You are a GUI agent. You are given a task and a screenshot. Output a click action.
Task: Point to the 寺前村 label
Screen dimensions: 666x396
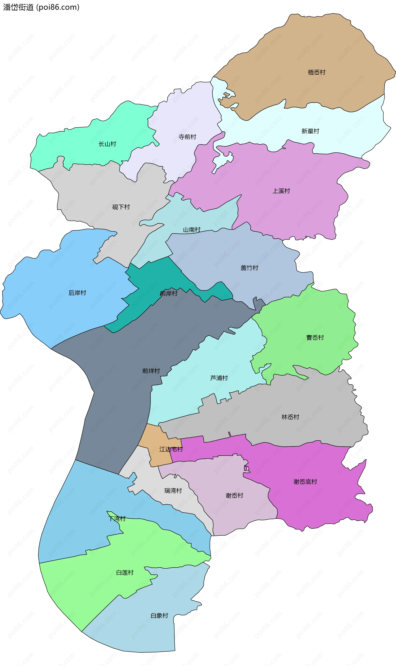point(187,137)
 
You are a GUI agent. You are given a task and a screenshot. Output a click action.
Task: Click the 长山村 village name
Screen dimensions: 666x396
point(107,144)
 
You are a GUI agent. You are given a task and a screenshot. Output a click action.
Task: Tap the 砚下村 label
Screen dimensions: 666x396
point(121,207)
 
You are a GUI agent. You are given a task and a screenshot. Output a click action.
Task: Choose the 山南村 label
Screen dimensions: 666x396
point(192,230)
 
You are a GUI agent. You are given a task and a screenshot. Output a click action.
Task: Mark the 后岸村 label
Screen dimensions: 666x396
point(77,293)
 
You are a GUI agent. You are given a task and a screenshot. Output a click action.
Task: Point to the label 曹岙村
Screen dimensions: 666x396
point(315,337)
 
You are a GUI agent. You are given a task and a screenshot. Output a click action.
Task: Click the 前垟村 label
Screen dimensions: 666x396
point(151,371)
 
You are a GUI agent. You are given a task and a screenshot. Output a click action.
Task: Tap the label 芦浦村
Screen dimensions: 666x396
point(219,378)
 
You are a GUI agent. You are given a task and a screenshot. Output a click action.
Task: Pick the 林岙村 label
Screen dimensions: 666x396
point(290,417)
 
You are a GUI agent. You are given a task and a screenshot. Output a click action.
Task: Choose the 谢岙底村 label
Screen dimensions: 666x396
point(305,482)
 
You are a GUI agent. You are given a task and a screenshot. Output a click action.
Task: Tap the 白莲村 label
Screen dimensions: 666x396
point(125,573)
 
